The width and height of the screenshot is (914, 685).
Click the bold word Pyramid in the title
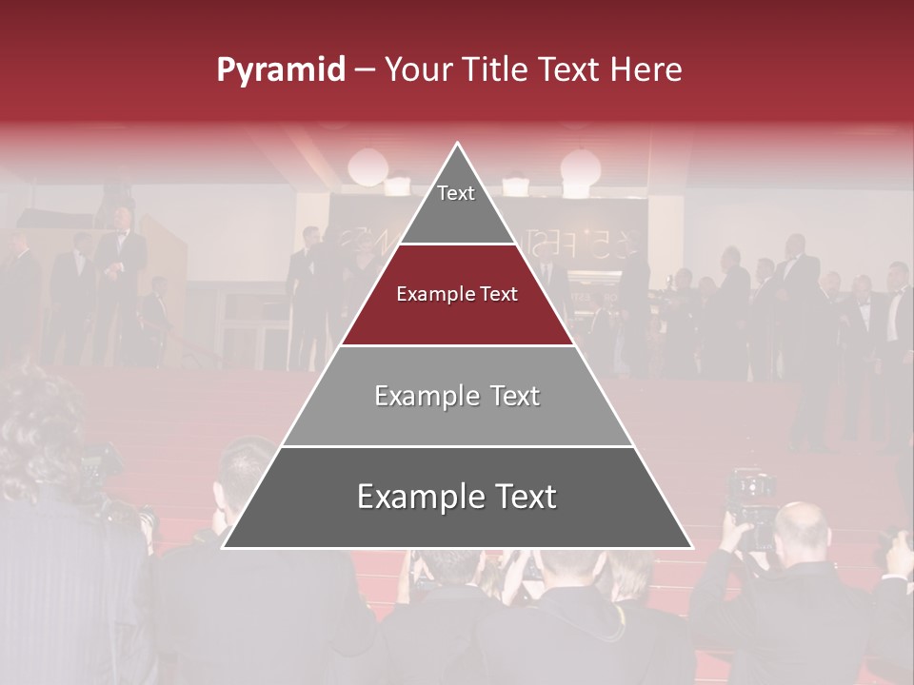click(x=280, y=70)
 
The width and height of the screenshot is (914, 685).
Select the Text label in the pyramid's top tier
click(x=456, y=193)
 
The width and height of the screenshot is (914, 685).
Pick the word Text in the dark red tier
click(x=500, y=295)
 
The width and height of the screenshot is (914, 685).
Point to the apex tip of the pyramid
click(x=458, y=144)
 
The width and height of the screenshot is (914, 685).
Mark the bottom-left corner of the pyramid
click(x=223, y=548)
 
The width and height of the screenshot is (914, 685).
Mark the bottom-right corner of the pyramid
click(x=692, y=548)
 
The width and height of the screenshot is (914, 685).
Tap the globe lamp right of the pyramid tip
click(x=580, y=167)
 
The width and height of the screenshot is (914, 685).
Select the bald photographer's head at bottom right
click(x=800, y=529)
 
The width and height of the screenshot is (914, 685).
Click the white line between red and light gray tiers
click(x=458, y=345)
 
